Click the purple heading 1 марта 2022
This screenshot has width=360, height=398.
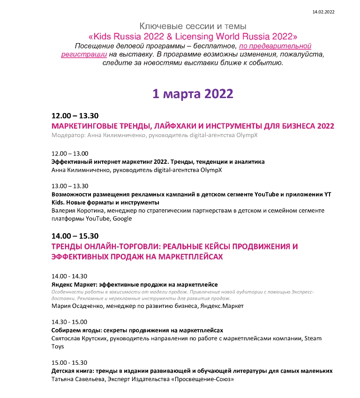coord(193,93)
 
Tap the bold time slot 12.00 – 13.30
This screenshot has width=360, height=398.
coord(75,115)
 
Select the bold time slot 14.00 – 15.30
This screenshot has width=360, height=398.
coord(75,236)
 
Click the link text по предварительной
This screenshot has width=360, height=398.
coord(275,46)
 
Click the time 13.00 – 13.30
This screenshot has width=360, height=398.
coord(69,185)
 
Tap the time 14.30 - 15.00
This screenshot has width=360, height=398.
coord(69,321)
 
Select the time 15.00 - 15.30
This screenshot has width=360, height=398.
coord(69,362)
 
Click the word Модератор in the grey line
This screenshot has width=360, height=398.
coord(66,135)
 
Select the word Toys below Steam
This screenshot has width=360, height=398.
coord(57,346)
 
